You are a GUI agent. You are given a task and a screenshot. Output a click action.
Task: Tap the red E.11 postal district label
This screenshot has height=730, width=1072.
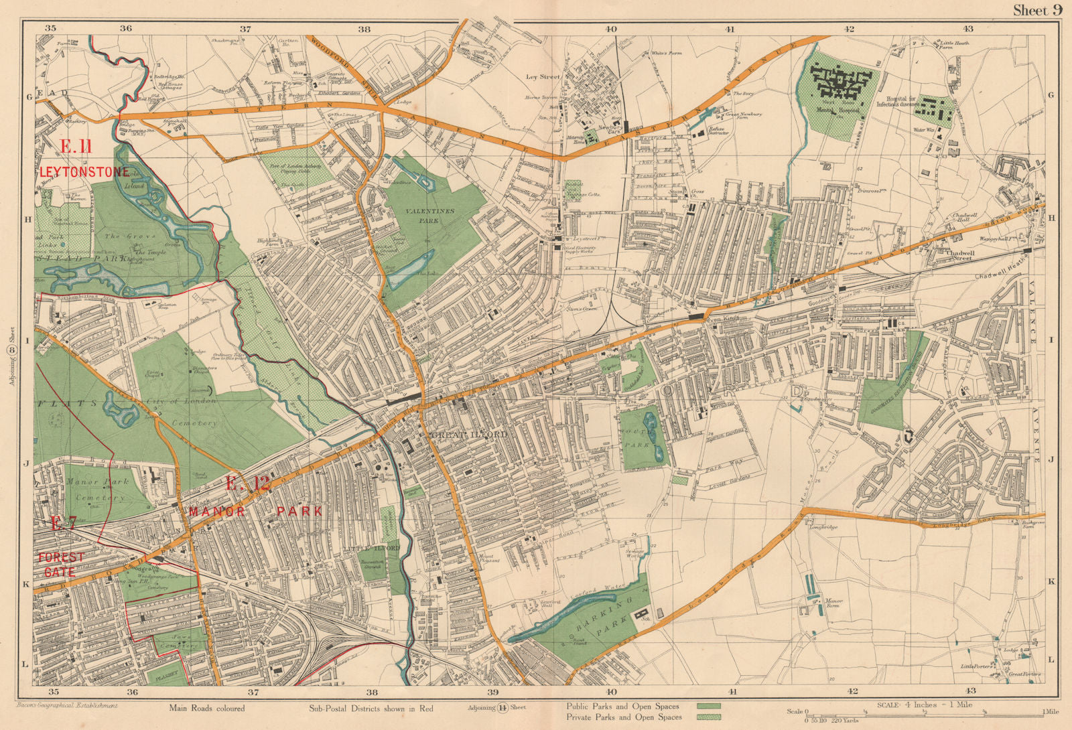[x=76, y=147]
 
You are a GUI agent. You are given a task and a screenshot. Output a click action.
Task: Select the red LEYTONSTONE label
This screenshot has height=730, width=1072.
[x=84, y=172]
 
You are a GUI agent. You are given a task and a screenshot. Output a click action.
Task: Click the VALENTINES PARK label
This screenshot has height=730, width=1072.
[x=429, y=215]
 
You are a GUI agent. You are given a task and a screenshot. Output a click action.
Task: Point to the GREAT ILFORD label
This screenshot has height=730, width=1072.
[x=470, y=435]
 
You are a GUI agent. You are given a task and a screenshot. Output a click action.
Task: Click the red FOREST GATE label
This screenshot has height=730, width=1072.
[x=61, y=565]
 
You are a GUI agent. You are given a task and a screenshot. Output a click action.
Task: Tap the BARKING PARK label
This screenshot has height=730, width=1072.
[x=603, y=613]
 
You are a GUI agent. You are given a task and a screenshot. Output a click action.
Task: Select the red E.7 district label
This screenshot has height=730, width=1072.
[x=64, y=524]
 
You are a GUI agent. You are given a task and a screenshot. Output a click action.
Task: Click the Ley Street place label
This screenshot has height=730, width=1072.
[x=542, y=77]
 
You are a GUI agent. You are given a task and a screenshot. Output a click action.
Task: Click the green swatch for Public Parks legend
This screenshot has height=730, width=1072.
[x=708, y=706]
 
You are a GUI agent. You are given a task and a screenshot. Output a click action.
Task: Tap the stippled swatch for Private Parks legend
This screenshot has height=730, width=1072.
[x=708, y=717]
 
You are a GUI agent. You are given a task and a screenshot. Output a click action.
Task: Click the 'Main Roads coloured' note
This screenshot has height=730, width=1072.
[x=206, y=708]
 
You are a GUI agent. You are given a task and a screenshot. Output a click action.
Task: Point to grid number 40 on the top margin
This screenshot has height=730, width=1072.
[x=610, y=29]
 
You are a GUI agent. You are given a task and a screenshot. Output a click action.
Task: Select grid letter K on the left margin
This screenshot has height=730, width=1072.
[x=27, y=585]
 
